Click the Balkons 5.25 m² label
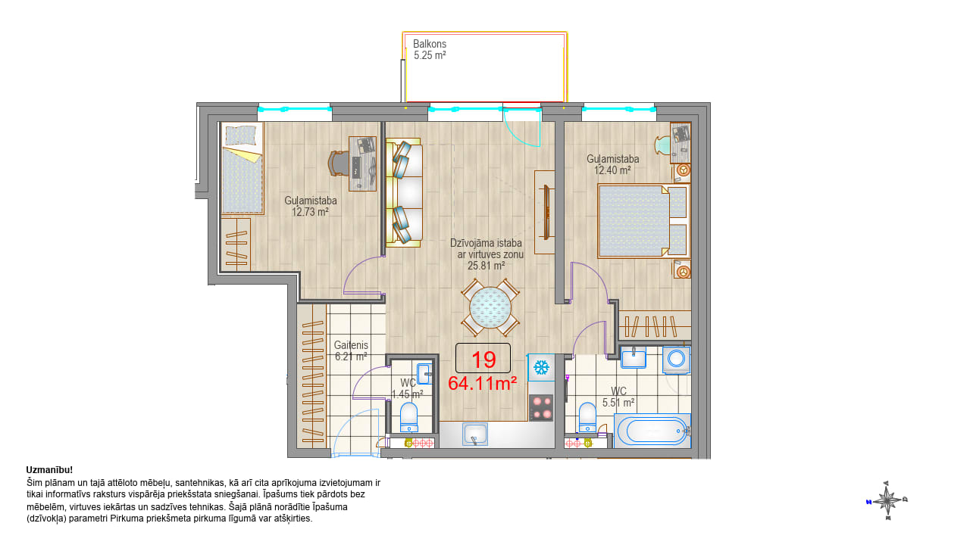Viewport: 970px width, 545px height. pyautogui.click(x=430, y=49)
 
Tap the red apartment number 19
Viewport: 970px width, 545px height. pyautogui.click(x=483, y=360)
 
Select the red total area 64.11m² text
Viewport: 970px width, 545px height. pyautogui.click(x=482, y=383)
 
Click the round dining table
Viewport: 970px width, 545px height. pyautogui.click(x=490, y=308)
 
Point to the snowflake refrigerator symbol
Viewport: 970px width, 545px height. pyautogui.click(x=541, y=368)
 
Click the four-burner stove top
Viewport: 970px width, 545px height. pyautogui.click(x=542, y=407)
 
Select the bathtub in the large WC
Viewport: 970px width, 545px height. pyautogui.click(x=652, y=431)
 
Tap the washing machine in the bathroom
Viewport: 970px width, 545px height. pyautogui.click(x=676, y=359)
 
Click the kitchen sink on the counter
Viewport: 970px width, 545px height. pyautogui.click(x=475, y=434)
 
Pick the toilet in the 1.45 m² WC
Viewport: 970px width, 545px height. pyautogui.click(x=408, y=417)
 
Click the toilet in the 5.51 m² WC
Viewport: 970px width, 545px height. pyautogui.click(x=587, y=417)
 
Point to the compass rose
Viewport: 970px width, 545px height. pyautogui.click(x=887, y=501)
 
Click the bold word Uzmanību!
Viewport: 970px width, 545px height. pyautogui.click(x=49, y=470)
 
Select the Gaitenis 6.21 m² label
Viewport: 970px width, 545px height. pyautogui.click(x=351, y=350)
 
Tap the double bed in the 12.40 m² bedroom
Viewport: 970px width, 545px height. pyautogui.click(x=642, y=221)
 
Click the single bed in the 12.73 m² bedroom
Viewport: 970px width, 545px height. pyautogui.click(x=242, y=169)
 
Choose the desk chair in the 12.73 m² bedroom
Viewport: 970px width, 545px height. pyautogui.click(x=339, y=163)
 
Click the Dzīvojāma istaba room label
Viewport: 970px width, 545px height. pyautogui.click(x=486, y=243)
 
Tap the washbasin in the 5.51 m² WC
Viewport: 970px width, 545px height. pyautogui.click(x=634, y=357)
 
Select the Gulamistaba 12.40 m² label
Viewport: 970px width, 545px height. pyautogui.click(x=612, y=164)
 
